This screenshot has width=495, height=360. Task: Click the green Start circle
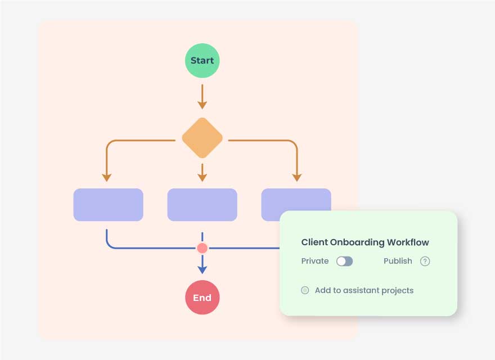pyautogui.click(x=202, y=60)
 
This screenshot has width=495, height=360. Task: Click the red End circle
pyautogui.click(x=202, y=298)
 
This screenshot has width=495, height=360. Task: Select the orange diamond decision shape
pyautogui.click(x=202, y=138)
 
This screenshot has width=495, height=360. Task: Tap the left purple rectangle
pyautogui.click(x=108, y=205)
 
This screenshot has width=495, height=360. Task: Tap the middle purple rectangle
pyautogui.click(x=202, y=205)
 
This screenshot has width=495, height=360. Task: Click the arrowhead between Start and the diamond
pyautogui.click(x=202, y=105)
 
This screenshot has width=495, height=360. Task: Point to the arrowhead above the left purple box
pyautogui.click(x=107, y=177)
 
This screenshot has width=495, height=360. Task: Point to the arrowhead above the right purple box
pyautogui.click(x=297, y=177)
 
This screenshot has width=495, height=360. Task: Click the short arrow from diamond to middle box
pyautogui.click(x=202, y=173)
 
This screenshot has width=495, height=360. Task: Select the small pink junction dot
pyautogui.click(x=202, y=248)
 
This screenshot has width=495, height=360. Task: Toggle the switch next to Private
pyautogui.click(x=344, y=261)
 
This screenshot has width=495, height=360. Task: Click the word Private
pyautogui.click(x=315, y=261)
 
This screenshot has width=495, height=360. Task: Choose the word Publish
pyautogui.click(x=398, y=261)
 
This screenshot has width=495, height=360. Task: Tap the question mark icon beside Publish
pyautogui.click(x=425, y=261)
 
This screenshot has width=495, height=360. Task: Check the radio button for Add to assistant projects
pyautogui.click(x=305, y=290)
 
